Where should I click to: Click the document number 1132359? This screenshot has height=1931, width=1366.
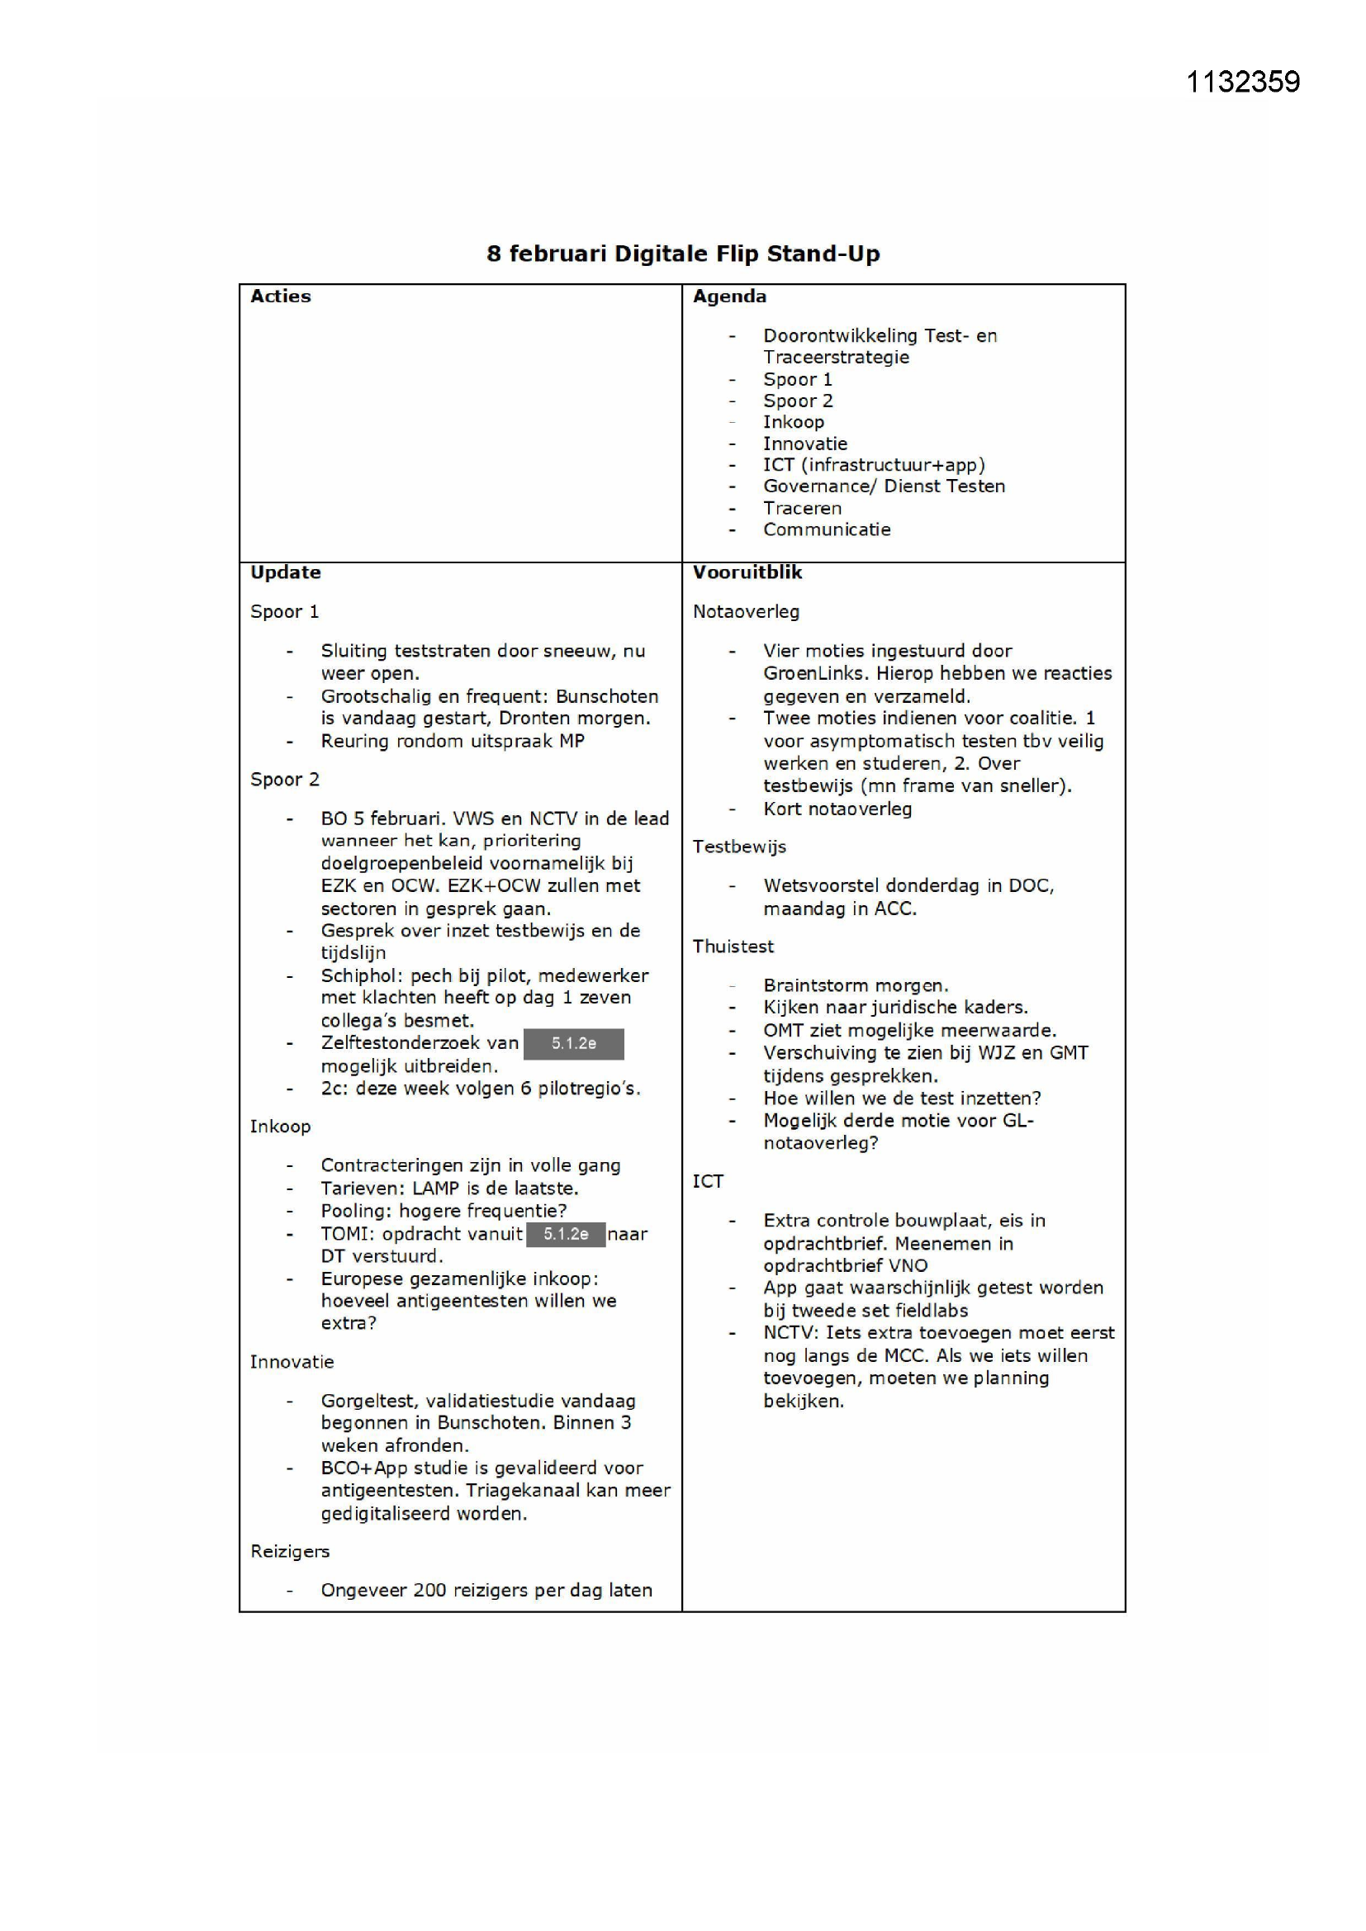1242,83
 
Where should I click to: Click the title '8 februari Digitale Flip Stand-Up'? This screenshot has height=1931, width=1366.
682,254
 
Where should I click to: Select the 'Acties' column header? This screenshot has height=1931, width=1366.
280,297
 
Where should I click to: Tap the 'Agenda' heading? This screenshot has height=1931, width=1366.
729,297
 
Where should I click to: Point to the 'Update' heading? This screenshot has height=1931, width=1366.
285,572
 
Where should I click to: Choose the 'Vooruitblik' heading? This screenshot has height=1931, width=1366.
747,572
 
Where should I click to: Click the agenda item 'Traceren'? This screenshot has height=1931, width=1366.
802,509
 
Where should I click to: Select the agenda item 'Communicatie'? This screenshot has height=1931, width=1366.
826,530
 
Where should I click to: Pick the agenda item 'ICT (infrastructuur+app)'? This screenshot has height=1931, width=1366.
873,465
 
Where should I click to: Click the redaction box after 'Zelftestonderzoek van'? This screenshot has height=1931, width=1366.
574,1044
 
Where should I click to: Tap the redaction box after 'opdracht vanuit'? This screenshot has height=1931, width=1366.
565,1234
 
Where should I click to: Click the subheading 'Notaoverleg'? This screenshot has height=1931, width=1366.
745,612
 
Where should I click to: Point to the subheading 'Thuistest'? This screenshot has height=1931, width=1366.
733,947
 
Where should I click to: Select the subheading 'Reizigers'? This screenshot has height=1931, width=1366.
289,1552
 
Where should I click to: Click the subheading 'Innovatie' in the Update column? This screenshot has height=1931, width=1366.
292,1362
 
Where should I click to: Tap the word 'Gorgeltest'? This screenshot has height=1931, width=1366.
368,1401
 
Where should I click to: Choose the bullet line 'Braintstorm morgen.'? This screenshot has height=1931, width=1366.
856,985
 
